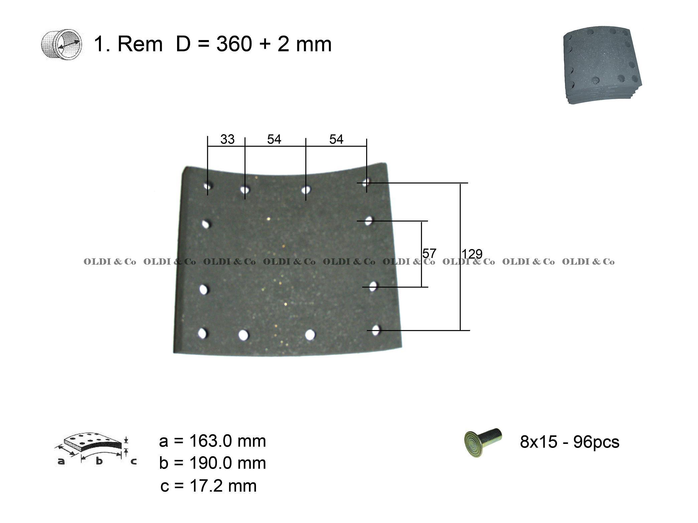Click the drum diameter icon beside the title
click(x=61, y=44)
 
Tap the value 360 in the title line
click(x=234, y=44)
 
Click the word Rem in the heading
click(x=140, y=44)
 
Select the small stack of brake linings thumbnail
click(x=602, y=65)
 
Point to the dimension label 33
click(x=227, y=139)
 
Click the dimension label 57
click(x=429, y=253)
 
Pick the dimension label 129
click(x=472, y=254)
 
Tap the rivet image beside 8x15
click(x=483, y=442)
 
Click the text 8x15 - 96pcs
click(x=570, y=442)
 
